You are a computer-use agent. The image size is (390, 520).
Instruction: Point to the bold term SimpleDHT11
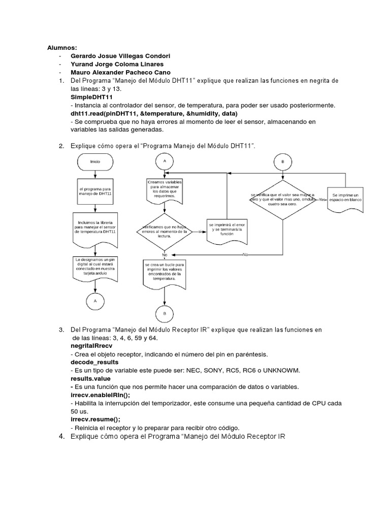tap(92, 96)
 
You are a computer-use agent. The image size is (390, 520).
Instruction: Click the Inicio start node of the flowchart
tap(95, 161)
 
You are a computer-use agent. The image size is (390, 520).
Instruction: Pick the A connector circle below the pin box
tap(95, 301)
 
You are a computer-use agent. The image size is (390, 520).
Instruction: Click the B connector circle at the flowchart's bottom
tap(164, 314)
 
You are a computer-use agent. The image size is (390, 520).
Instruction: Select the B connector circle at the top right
tap(282, 162)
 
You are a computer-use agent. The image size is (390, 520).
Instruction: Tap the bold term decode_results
tap(94, 362)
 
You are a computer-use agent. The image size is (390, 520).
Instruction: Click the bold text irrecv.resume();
tap(95, 419)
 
